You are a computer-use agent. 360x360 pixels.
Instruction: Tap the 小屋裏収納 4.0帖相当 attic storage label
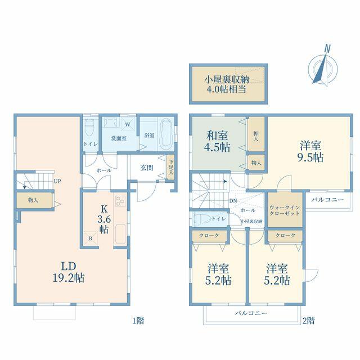pos(227,84)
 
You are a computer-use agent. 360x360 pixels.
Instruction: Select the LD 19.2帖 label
pos(69,272)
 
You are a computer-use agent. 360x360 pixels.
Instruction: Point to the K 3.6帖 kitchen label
pos(104,219)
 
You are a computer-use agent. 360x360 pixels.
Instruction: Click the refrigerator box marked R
pos(91,238)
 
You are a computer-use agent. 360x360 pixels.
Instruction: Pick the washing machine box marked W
pos(128,124)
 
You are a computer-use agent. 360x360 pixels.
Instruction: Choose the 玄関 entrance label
pos(147,168)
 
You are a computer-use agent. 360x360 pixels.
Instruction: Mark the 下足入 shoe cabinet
pos(170,167)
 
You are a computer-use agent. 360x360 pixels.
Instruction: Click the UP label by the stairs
pos(57,181)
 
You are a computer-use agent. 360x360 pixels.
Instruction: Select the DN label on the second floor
pos(233,201)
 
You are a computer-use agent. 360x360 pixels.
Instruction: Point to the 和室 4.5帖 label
pos(217,141)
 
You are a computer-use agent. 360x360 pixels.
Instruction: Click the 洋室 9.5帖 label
pos(310,151)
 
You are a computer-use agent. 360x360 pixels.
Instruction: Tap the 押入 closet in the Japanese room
pos(256,134)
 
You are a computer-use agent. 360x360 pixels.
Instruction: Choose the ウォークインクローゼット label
pos(285,210)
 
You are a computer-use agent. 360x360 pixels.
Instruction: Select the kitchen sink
pos(120,234)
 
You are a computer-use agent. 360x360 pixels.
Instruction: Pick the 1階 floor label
pos(138,320)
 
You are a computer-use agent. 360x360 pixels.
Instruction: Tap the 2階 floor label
pos(309,320)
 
